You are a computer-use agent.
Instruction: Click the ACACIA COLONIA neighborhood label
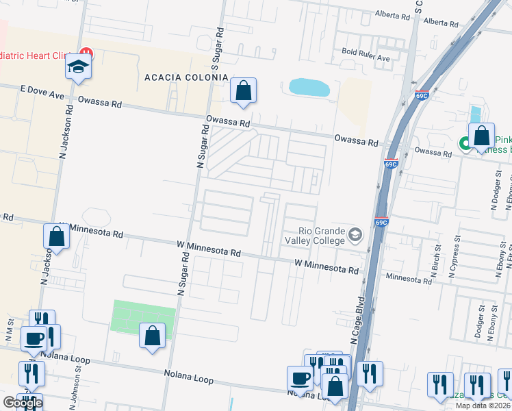click(x=185, y=77)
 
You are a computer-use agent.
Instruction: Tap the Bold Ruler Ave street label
click(x=366, y=58)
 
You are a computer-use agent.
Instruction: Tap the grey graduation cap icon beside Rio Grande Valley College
click(x=355, y=235)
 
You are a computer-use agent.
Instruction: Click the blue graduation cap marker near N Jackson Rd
click(x=78, y=67)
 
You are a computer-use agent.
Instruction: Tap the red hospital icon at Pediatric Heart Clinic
click(x=86, y=53)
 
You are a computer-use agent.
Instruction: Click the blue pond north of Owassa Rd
click(x=309, y=87)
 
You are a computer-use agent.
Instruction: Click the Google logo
click(x=23, y=403)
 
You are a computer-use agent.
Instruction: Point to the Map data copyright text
click(x=483, y=406)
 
